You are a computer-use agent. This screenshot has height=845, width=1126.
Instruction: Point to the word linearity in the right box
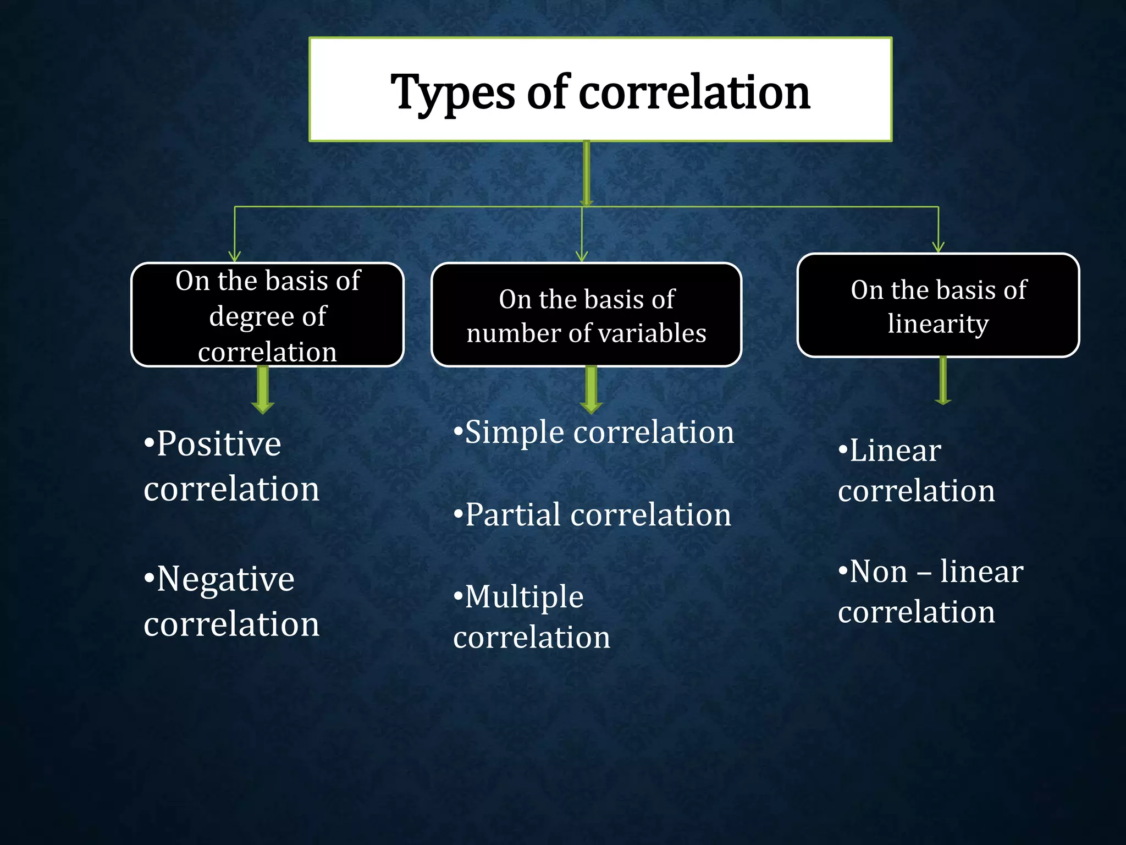click(938, 323)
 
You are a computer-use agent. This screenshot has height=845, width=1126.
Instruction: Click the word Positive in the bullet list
click(218, 444)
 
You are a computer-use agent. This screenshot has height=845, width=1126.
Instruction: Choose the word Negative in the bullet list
click(225, 579)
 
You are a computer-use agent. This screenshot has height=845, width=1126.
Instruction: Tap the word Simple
click(514, 432)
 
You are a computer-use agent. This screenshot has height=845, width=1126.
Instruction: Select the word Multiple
click(524, 597)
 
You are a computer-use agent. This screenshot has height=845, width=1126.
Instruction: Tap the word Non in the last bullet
click(879, 572)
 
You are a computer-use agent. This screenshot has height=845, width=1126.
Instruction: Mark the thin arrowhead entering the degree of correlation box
click(235, 256)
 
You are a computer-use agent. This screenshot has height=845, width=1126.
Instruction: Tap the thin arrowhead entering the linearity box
click(939, 247)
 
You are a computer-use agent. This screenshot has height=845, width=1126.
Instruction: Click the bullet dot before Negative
click(148, 578)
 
